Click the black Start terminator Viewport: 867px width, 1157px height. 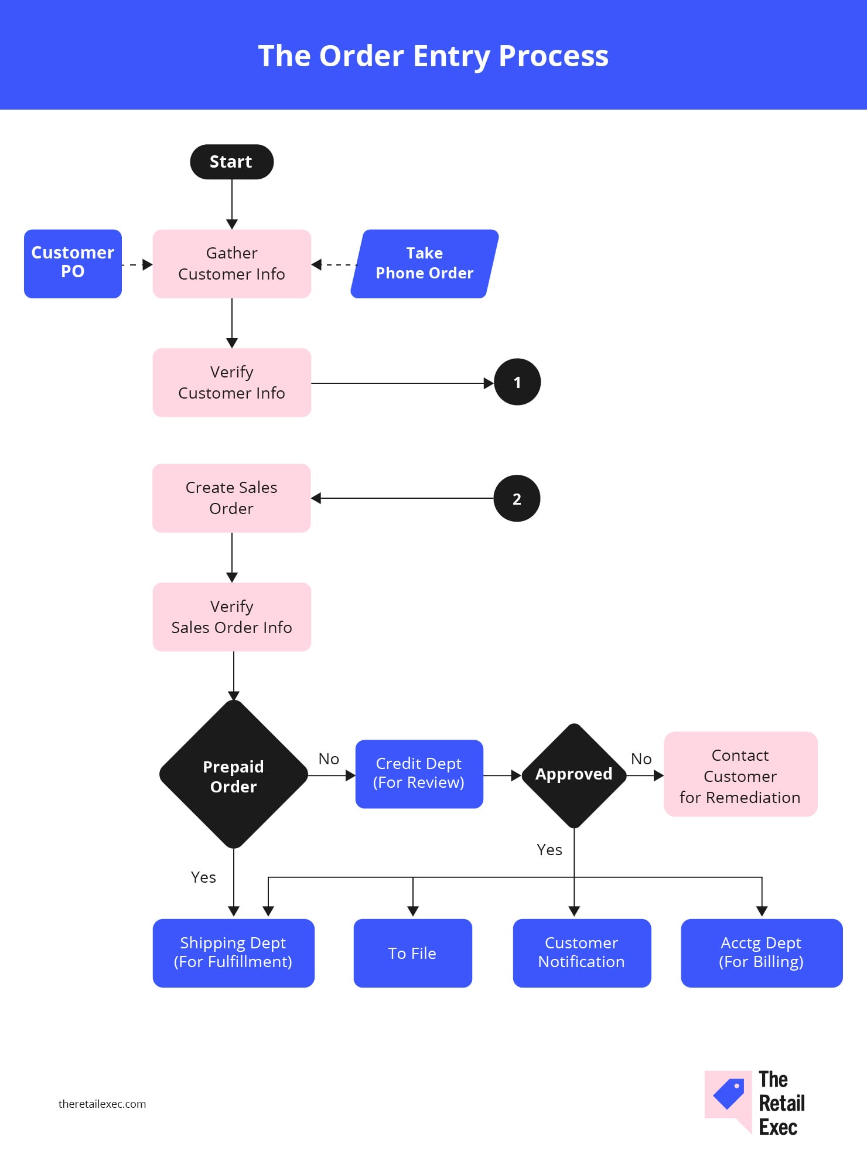tap(231, 162)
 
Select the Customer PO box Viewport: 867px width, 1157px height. tap(73, 264)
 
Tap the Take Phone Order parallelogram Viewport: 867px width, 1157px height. tap(425, 264)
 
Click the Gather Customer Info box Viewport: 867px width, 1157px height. tap(231, 264)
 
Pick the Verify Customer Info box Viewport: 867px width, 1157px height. tap(231, 383)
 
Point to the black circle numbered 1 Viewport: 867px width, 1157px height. tap(517, 382)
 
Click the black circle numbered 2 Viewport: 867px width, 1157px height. tap(517, 498)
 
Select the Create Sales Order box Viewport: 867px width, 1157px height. tap(231, 498)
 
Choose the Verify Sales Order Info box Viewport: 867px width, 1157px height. tap(231, 617)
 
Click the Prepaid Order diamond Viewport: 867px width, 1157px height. tap(234, 774)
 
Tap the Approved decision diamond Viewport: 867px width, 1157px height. tap(574, 775)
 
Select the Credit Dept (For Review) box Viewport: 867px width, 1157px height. tap(419, 774)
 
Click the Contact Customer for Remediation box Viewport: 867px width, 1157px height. tap(740, 774)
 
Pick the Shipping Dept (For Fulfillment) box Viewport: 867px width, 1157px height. tap(233, 953)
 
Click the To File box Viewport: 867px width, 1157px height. tap(412, 953)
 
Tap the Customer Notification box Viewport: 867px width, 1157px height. tap(582, 953)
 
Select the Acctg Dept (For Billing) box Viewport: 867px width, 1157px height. tap(762, 953)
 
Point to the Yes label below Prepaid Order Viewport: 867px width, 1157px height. tap(203, 877)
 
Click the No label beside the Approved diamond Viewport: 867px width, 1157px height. tap(641, 759)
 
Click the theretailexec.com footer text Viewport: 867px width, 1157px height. tap(102, 1104)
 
